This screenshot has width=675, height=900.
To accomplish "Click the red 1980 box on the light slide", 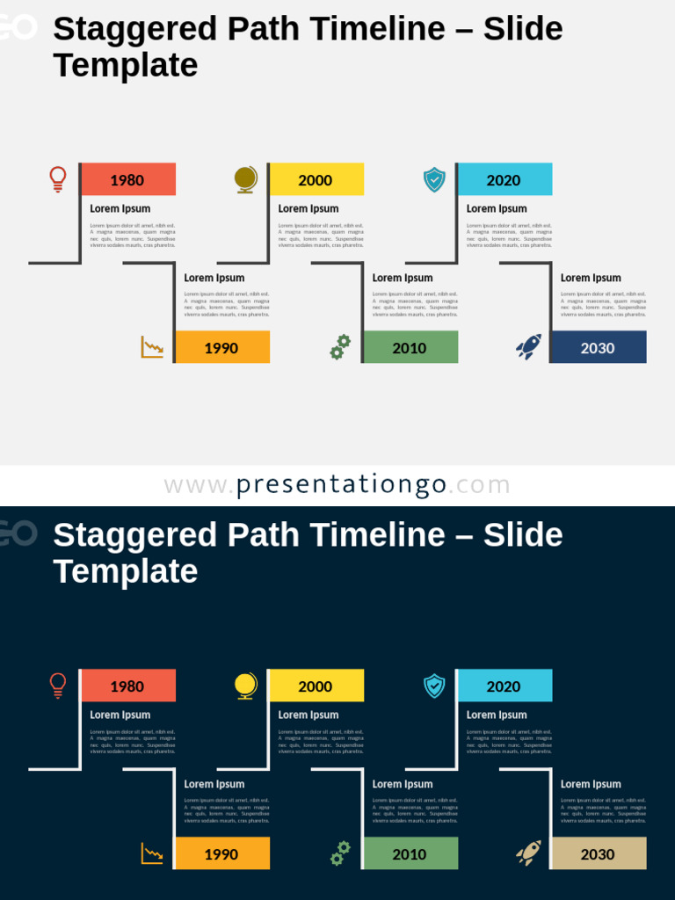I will (x=128, y=179).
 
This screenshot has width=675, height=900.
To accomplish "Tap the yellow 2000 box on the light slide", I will (x=316, y=179).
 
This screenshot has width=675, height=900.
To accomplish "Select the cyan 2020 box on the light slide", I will (x=504, y=179).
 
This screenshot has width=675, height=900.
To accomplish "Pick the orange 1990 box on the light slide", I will (x=222, y=347).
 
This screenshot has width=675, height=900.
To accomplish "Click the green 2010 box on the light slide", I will (x=410, y=347).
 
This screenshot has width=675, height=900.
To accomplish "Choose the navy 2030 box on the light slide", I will (x=599, y=347).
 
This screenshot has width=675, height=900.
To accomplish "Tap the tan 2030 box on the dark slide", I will (x=599, y=853).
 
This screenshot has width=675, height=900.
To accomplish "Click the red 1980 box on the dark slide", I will (x=128, y=686).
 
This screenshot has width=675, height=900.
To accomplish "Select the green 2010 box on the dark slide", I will (x=410, y=853).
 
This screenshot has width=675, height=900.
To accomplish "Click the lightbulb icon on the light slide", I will (x=58, y=179).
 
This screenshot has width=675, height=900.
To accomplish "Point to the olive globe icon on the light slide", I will (x=246, y=179).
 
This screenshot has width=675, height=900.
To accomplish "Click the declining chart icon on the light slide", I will (x=152, y=347).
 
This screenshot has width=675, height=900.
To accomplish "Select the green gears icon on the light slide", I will (x=340, y=347).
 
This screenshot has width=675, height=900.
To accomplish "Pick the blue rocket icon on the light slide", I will (x=528, y=347).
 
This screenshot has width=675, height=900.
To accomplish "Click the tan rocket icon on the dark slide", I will (x=528, y=853).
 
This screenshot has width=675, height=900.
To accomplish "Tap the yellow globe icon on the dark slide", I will (x=246, y=686).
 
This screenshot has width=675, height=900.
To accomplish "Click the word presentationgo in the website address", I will (x=342, y=484).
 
